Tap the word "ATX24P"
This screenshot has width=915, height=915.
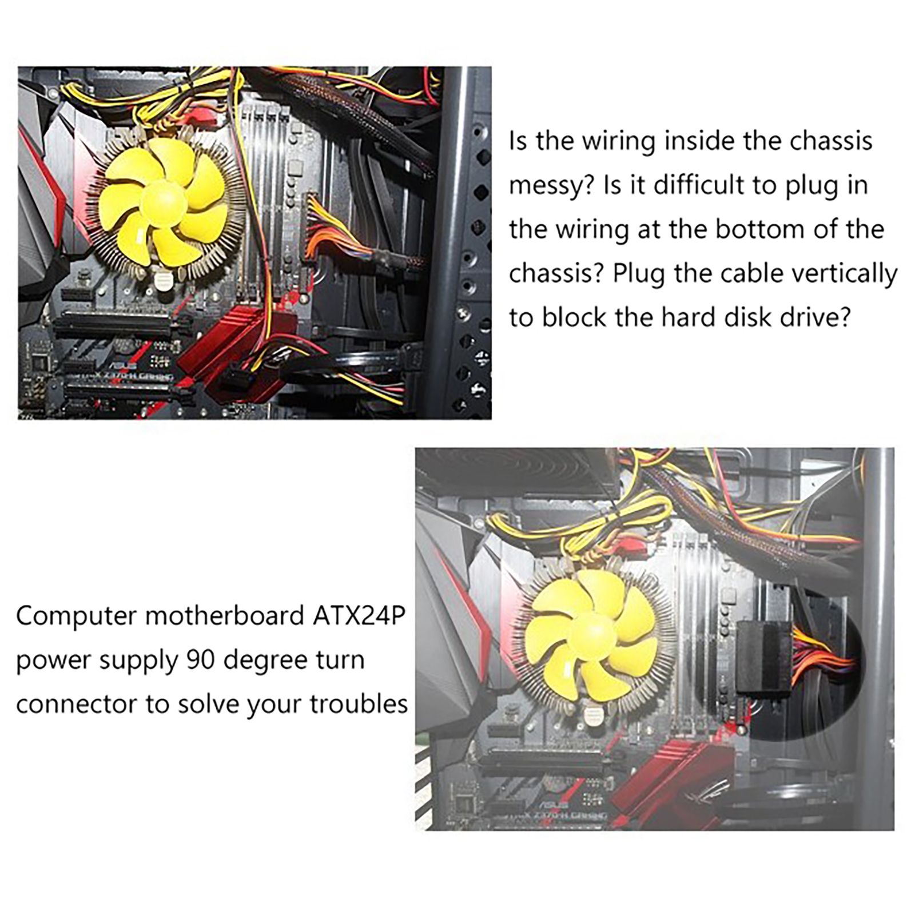click(x=359, y=616)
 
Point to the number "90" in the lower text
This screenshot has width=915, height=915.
click(x=200, y=660)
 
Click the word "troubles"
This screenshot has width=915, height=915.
click(x=359, y=704)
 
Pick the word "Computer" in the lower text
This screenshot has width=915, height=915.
click(x=75, y=616)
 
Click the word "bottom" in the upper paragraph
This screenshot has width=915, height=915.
click(x=755, y=229)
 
